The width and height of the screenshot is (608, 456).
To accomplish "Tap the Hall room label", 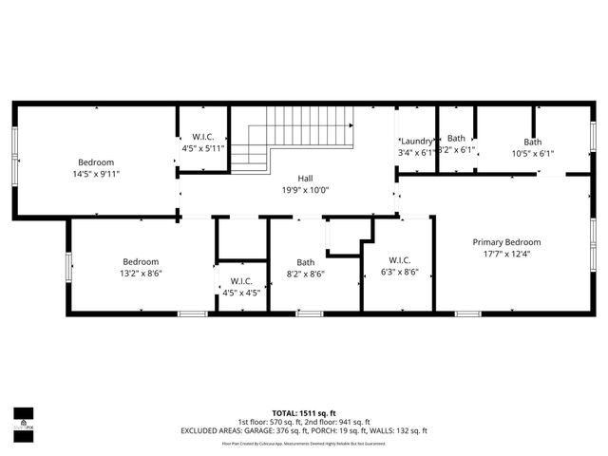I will pyautogui.click(x=305, y=178).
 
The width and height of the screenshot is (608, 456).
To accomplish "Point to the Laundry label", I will pyautogui.click(x=416, y=141).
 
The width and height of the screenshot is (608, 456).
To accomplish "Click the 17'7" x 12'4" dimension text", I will pyautogui.click(x=506, y=254).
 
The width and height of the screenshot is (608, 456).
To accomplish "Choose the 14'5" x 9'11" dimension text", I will pyautogui.click(x=96, y=174).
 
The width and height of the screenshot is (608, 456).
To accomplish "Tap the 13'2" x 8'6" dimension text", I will pyautogui.click(x=140, y=273).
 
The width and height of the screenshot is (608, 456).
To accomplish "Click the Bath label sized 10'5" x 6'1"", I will pyautogui.click(x=532, y=142).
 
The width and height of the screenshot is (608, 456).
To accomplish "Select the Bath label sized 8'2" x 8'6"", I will pyautogui.click(x=305, y=262).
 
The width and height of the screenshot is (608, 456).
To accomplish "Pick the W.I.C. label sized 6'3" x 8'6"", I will pyautogui.click(x=400, y=261).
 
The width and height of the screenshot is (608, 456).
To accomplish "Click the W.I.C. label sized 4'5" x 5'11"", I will pyautogui.click(x=202, y=137).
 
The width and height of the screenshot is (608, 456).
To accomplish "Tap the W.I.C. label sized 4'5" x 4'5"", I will pyautogui.click(x=240, y=281).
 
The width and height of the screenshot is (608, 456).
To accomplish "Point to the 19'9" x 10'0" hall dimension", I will pyautogui.click(x=305, y=189).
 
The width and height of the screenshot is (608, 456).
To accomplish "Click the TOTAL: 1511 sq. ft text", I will pyautogui.click(x=304, y=413).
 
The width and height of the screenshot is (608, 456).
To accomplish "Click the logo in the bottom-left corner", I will pyautogui.click(x=23, y=419).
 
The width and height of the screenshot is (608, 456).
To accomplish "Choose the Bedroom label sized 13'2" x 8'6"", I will pyautogui.click(x=140, y=261).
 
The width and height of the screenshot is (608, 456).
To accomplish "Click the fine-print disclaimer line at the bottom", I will pyautogui.click(x=304, y=443).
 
